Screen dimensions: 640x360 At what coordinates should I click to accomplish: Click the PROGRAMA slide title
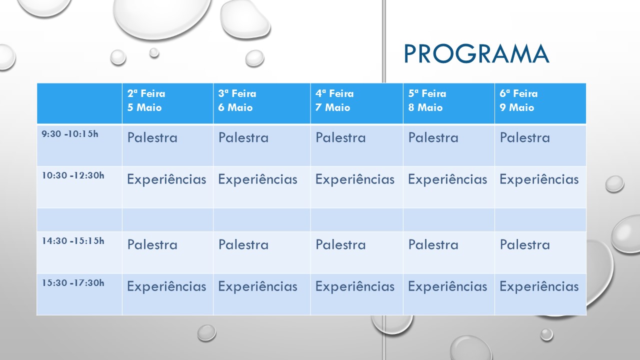476,53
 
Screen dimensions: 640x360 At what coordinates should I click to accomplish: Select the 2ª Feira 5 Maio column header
146,100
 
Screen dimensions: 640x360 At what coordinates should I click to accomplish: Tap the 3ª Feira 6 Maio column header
237,100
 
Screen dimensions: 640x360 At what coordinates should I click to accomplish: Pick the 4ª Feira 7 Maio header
334,100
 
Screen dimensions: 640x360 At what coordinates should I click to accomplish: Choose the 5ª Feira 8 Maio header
427,100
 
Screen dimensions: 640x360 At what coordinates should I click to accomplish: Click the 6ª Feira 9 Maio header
518,100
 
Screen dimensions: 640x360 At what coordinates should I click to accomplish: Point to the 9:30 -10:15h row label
70,133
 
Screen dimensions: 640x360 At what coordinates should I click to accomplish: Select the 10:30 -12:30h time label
73,175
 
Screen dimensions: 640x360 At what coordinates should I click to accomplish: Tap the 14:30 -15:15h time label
73,241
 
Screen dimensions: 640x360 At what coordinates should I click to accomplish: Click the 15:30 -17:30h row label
73,282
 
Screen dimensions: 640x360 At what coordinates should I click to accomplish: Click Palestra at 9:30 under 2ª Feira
152,137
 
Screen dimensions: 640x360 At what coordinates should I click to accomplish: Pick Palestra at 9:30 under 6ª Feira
525,137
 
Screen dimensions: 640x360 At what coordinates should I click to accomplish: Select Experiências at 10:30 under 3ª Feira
257,179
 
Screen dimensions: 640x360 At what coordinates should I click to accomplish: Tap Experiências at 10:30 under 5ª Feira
447,179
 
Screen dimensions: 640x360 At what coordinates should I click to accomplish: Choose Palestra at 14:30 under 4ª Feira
340,244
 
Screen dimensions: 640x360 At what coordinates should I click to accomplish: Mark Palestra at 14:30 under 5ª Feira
433,244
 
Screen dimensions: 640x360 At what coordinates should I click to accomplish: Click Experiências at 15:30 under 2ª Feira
166,287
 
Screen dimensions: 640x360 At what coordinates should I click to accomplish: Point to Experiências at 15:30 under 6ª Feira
539,287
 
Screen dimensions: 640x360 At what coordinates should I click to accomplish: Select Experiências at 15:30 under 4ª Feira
355,287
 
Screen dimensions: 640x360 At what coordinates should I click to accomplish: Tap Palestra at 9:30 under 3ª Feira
243,137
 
